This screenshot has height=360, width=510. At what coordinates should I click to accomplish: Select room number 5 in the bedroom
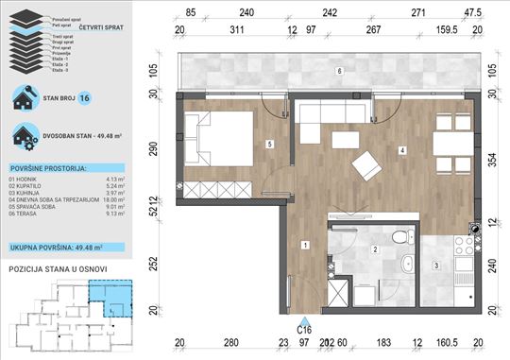tap(270, 145)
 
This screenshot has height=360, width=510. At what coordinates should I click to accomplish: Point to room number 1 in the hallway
tap(304, 245)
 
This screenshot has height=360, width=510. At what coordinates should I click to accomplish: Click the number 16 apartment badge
tap(85, 96)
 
